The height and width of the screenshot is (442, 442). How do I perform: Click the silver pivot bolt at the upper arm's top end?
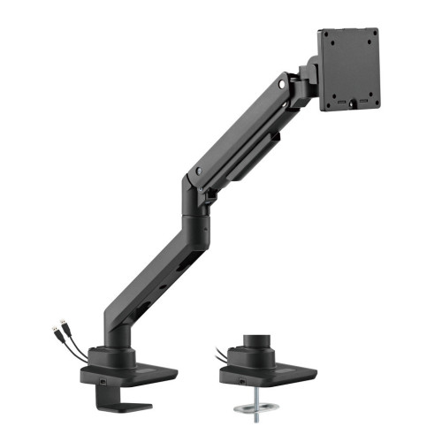(282, 84)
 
